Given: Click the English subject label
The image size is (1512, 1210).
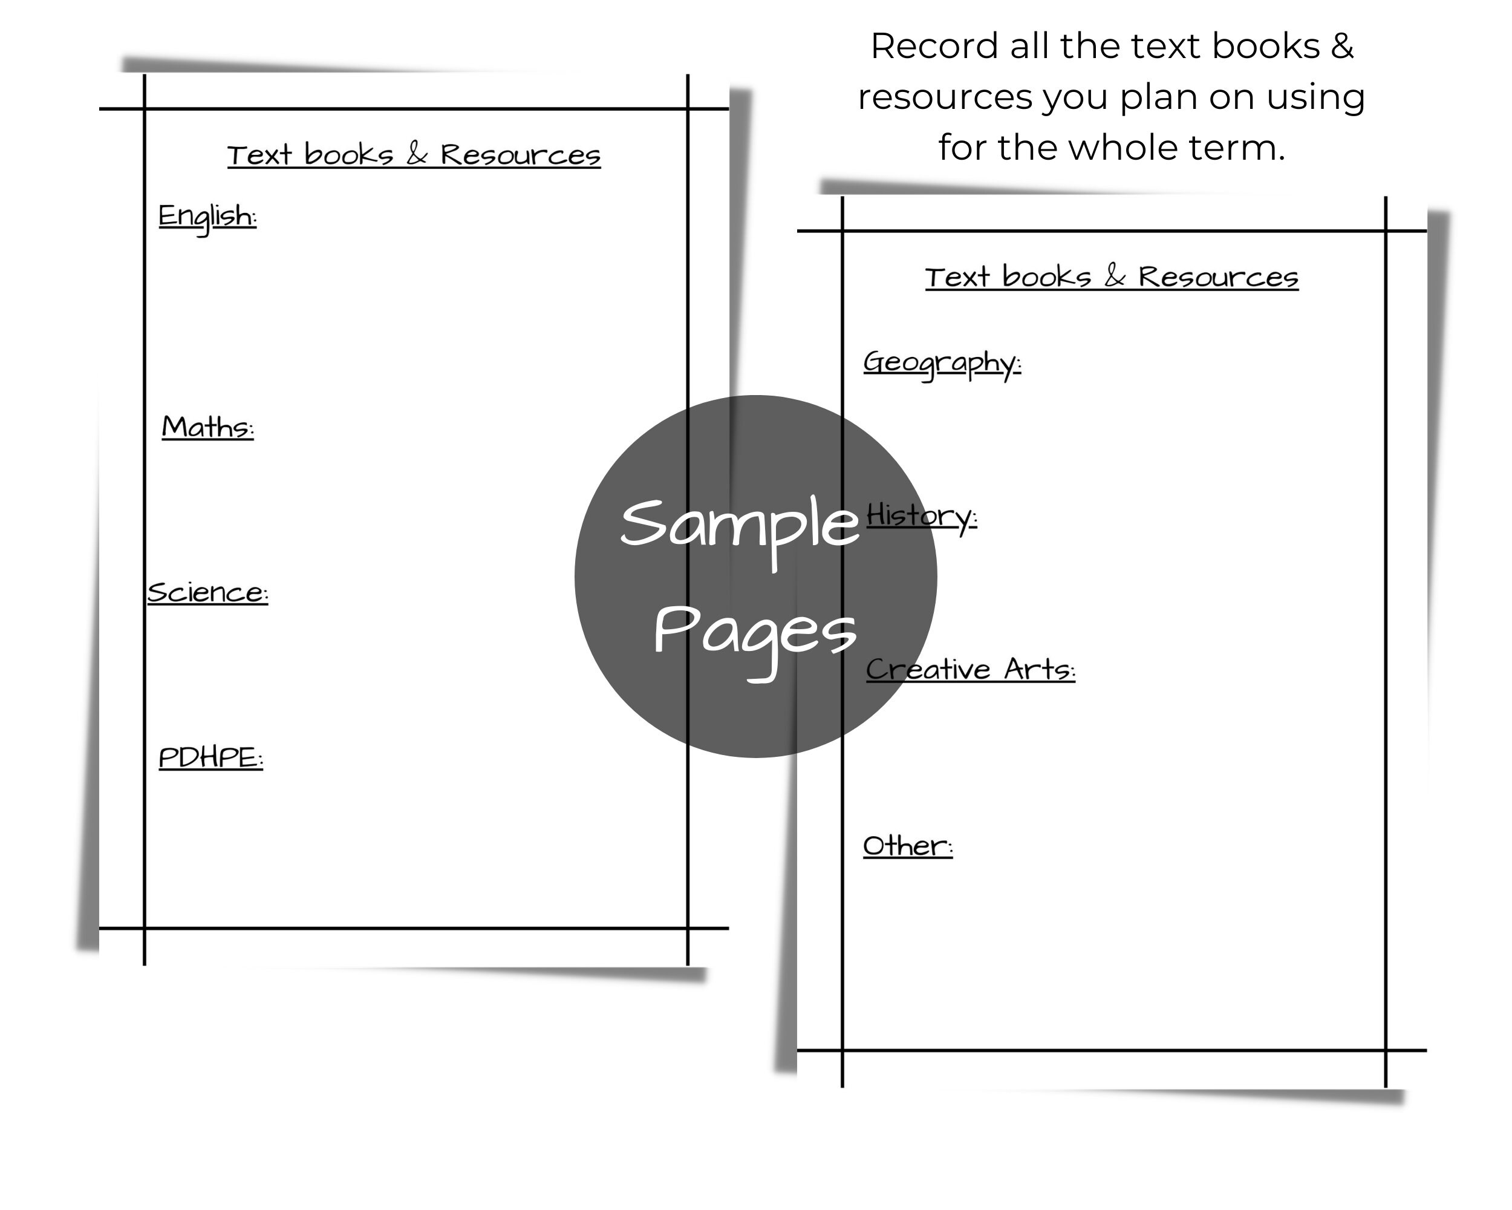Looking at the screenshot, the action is click(x=207, y=217).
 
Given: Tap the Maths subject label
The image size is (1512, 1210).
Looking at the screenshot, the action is click(x=207, y=427).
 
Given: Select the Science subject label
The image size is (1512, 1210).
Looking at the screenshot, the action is click(x=207, y=593).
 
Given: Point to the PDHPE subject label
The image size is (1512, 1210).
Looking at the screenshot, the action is click(x=210, y=757).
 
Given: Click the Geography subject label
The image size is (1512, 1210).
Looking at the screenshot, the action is click(x=942, y=364).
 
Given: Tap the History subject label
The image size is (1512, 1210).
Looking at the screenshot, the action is click(x=922, y=517).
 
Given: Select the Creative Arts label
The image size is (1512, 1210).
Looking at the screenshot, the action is click(x=971, y=669).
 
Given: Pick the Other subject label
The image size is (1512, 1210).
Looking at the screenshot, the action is click(x=907, y=846).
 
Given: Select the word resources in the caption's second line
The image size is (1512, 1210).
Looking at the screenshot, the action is click(x=945, y=97).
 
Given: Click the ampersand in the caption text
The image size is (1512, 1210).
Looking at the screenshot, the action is click(x=1341, y=47).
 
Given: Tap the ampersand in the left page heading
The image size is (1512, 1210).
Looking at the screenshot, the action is click(x=417, y=154).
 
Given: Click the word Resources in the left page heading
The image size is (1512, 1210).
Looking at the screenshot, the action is click(x=520, y=155).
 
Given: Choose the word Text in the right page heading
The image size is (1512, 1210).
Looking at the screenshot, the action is click(x=957, y=277).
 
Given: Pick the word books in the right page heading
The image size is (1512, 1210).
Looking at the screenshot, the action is click(x=1046, y=276).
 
